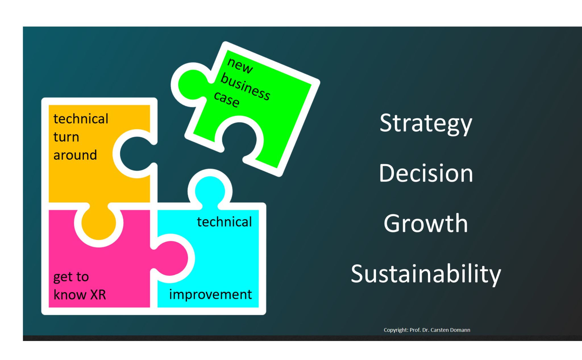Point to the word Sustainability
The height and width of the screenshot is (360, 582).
[426, 274]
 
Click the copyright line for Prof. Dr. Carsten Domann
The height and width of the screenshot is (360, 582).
[427, 330]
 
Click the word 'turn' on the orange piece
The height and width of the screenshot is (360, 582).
[66, 137]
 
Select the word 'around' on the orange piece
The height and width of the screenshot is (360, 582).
[75, 155]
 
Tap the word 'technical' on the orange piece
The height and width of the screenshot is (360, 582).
[81, 118]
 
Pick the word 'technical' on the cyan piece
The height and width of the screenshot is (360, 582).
[225, 222]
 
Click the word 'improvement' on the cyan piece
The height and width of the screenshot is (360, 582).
[211, 294]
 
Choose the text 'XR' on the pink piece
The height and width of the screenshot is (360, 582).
[98, 295]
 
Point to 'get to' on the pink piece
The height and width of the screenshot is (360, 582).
[71, 277]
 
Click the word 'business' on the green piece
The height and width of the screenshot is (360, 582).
[245, 86]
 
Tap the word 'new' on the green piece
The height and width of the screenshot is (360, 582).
[240, 66]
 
